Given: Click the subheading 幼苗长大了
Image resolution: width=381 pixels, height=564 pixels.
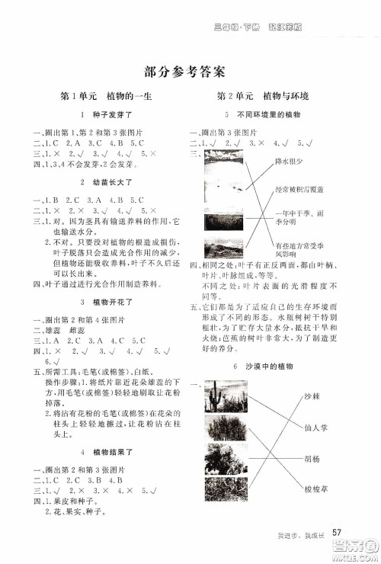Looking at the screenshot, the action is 103,183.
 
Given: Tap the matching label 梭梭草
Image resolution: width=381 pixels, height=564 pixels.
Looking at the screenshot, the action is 312,488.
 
